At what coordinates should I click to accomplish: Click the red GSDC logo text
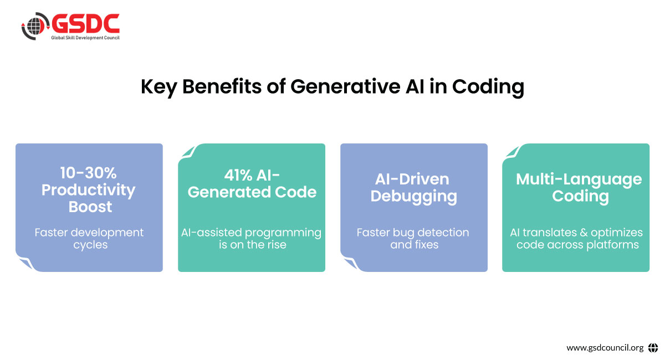click(x=86, y=23)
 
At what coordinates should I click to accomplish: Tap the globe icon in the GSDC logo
click(x=35, y=26)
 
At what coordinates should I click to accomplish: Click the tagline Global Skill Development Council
click(x=85, y=38)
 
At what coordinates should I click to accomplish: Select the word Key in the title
click(x=159, y=88)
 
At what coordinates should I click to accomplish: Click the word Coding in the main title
click(x=488, y=88)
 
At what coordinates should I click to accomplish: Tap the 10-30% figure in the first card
click(x=89, y=173)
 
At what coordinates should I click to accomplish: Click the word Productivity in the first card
click(x=89, y=190)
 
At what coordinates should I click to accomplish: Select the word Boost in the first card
click(x=90, y=207)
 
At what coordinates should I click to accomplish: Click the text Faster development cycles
click(x=89, y=239)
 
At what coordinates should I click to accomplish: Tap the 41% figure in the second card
click(x=238, y=176)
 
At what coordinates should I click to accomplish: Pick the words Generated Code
click(x=252, y=192)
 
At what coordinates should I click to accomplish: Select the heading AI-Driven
click(x=412, y=179)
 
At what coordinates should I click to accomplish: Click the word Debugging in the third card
click(x=413, y=197)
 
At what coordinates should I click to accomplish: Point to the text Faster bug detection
click(x=413, y=233)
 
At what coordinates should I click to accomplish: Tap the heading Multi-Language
click(x=579, y=180)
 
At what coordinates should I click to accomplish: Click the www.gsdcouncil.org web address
click(x=605, y=347)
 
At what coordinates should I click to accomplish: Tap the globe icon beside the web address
click(x=653, y=347)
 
